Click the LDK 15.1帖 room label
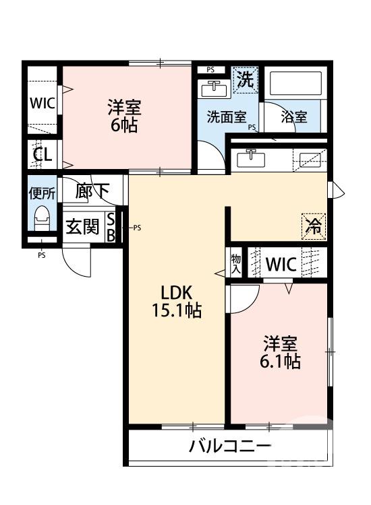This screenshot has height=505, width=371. coord(177,302)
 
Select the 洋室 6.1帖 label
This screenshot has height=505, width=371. coord(281,352)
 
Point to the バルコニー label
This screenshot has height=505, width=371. coord(230,446)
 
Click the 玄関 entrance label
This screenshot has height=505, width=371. coord(82,227)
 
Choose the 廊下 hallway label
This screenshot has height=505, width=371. coord(92,191)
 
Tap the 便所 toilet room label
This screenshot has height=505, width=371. coord(41,193)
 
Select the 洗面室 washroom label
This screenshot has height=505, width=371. coord(225,117)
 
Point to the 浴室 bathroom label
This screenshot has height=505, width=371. coord(294,117)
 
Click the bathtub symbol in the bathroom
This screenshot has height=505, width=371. coord(297,84)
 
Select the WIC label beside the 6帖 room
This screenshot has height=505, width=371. coord(42,105)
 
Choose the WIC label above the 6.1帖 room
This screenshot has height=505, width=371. coord(280,265)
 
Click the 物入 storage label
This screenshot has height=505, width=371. coord(235,263)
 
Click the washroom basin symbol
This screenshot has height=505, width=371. coord(215,88)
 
